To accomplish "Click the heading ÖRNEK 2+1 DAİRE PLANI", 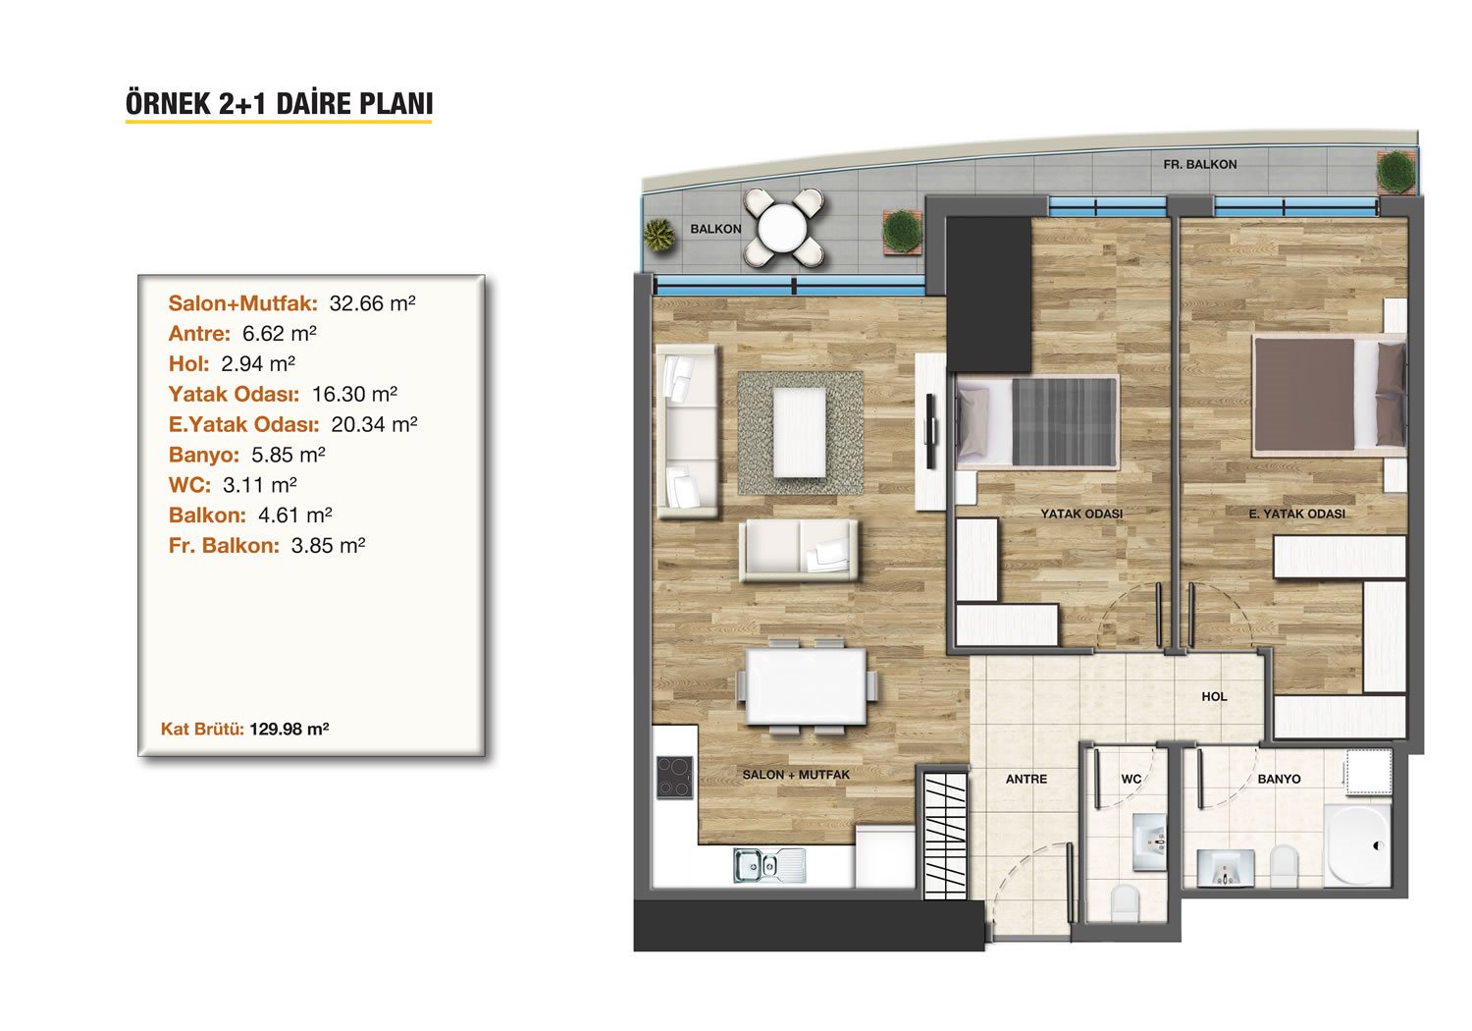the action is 279,104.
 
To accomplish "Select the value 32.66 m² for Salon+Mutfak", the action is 372,303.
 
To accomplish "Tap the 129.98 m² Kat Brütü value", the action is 289,729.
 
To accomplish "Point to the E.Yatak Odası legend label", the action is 243,424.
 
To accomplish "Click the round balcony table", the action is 782,228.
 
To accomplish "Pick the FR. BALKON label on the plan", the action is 1200,164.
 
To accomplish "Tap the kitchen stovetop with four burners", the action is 675,778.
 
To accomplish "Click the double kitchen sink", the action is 769,865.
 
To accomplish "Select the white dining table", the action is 806,686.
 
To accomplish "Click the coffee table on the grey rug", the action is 800,432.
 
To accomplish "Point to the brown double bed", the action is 1330,395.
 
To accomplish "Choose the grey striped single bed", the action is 1037,421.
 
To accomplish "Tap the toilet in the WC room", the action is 1125,904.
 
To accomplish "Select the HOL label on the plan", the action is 1214,696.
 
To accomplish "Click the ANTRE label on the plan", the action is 1025,780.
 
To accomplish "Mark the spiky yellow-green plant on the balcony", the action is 659,236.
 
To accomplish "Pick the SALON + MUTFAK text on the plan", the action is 796,775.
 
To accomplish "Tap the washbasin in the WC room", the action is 1149,841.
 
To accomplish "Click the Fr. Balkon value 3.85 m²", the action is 328,545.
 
